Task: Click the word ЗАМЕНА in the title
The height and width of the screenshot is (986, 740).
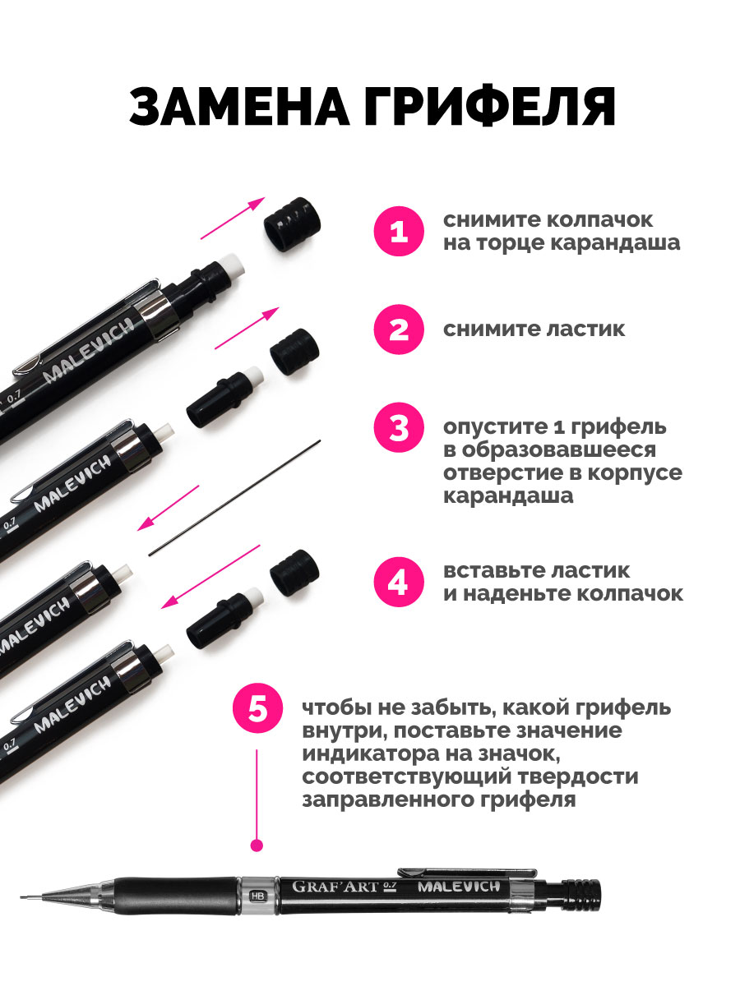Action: pyautogui.click(x=239, y=107)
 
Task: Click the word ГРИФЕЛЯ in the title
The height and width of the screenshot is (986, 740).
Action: pyautogui.click(x=490, y=107)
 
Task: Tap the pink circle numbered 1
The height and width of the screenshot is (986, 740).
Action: pyautogui.click(x=399, y=232)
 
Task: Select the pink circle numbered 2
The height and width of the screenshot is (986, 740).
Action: pyautogui.click(x=399, y=329)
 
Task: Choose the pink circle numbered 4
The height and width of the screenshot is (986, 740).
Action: pyautogui.click(x=399, y=583)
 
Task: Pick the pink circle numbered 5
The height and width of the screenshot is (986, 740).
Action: pyautogui.click(x=257, y=709)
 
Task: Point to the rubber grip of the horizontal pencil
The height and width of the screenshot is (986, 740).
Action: pyautogui.click(x=175, y=896)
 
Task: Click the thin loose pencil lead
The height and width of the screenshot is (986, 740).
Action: pyautogui.click(x=234, y=498)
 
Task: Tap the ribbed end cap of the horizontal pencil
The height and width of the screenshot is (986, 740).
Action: pyautogui.click(x=584, y=896)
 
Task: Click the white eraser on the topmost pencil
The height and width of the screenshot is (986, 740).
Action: pyautogui.click(x=233, y=265)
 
